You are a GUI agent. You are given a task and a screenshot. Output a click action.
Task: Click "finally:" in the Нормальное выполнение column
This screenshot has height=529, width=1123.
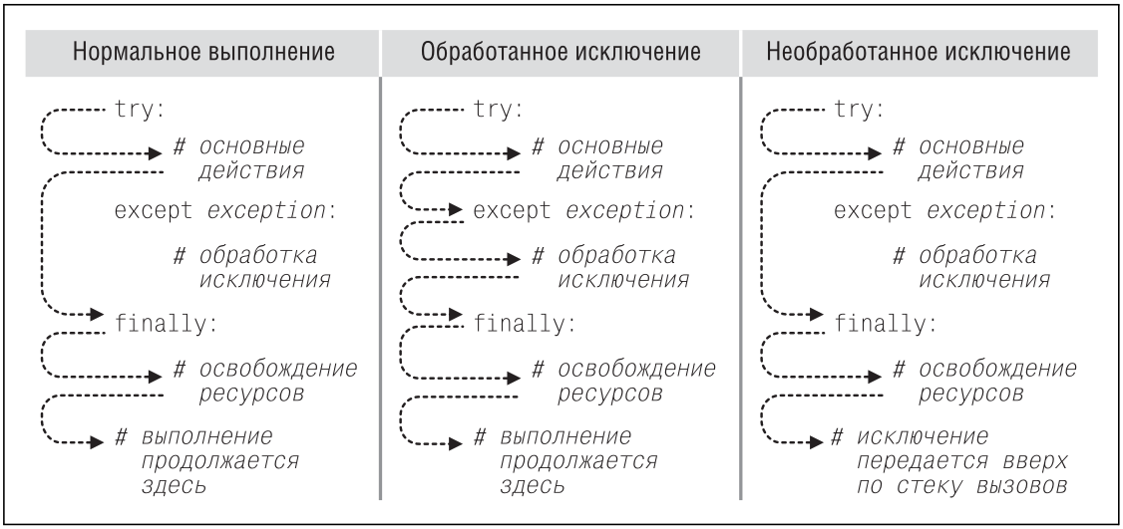tap(162, 324)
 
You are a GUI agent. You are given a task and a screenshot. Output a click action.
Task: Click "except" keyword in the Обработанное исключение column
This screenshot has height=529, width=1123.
tap(505, 212)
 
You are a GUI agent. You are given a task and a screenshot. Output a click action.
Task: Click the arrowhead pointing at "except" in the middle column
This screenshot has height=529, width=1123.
tap(457, 212)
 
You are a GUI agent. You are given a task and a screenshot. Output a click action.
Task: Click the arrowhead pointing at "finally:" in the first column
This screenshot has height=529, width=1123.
tap(98, 314)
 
